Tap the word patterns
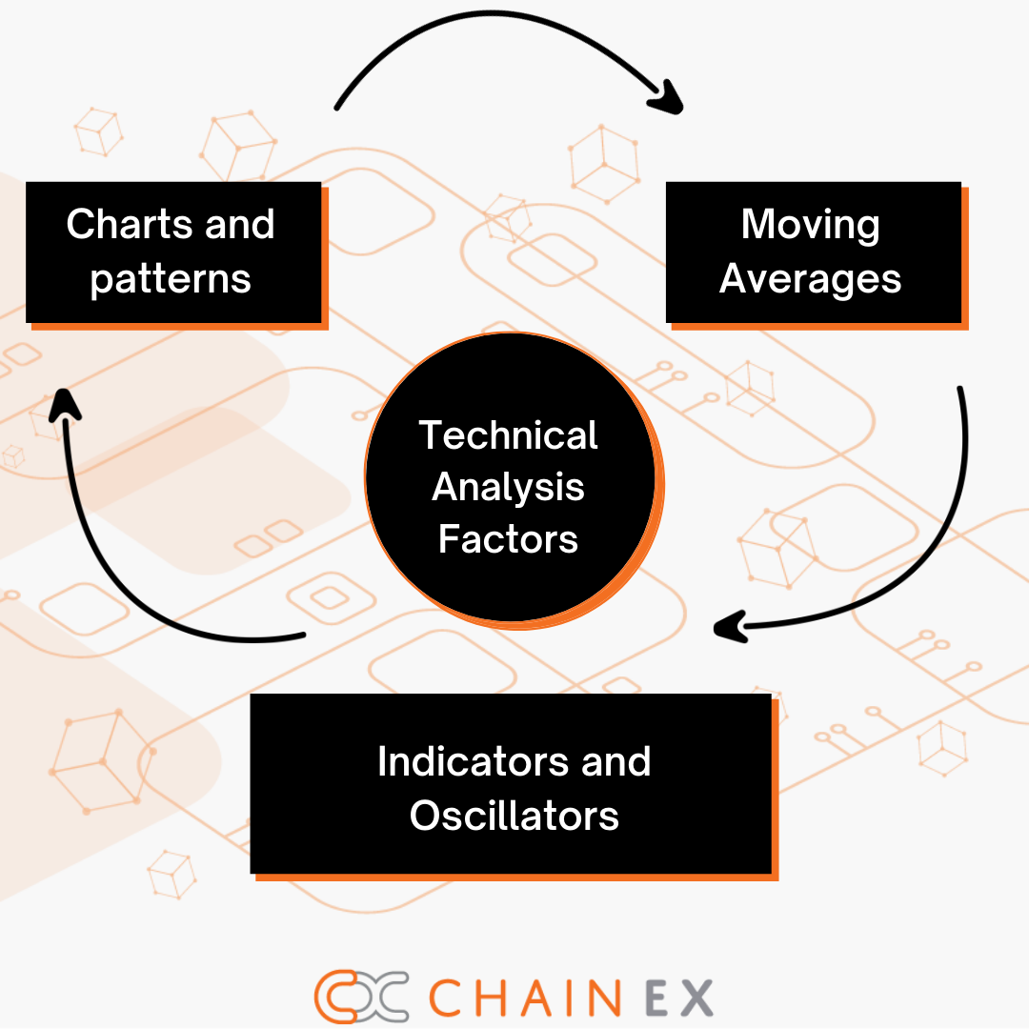[171, 280]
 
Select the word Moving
[811, 225]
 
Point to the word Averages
[811, 279]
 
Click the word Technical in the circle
[509, 435]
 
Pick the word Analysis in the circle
[509, 488]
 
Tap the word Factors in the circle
[509, 540]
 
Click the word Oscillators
[514, 817]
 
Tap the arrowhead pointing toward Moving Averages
[668, 97]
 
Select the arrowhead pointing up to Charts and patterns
[65, 404]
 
